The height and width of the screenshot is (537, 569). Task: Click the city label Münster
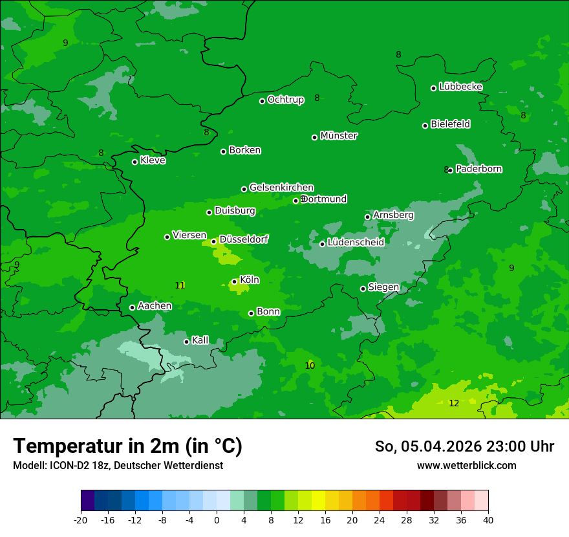pos(339,136)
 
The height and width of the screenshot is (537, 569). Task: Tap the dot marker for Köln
pos(234,281)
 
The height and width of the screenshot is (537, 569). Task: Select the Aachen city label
pos(155,306)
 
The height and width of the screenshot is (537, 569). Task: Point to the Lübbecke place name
pos(460,87)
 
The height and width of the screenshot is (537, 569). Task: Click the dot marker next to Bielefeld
pos(425,126)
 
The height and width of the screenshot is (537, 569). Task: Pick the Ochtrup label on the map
pos(285,100)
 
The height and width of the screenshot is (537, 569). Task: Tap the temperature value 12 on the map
pos(454,403)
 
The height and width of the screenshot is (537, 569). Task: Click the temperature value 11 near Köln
pos(180,285)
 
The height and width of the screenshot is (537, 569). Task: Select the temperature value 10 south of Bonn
pos(310,366)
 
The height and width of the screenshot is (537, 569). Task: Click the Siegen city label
pos(383,287)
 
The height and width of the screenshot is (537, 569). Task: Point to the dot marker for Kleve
pos(134,162)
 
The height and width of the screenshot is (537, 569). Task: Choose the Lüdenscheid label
pos(356,243)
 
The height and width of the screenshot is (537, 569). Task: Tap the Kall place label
pos(200,340)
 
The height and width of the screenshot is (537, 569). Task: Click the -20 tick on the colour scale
pos(81,520)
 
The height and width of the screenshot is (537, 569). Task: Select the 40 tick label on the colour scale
pos(488,520)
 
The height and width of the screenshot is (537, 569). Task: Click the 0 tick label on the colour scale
pos(217,520)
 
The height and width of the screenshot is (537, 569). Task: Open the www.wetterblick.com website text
pos(466,465)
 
